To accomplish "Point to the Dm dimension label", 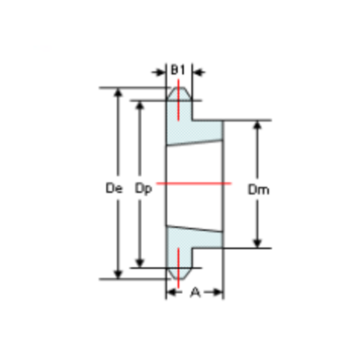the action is (258, 190).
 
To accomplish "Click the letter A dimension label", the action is (194, 292).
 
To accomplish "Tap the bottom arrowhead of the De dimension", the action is (116, 273).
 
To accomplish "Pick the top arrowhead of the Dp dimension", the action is (140, 105).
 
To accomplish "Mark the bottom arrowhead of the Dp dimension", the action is (140, 261).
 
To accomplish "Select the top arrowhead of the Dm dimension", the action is (258, 125).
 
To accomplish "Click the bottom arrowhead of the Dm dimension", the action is (258, 243).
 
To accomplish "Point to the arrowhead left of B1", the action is (163, 72).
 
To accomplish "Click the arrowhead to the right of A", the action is (218, 293).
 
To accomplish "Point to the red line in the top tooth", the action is (178, 101).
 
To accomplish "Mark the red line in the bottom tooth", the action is (178, 265).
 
